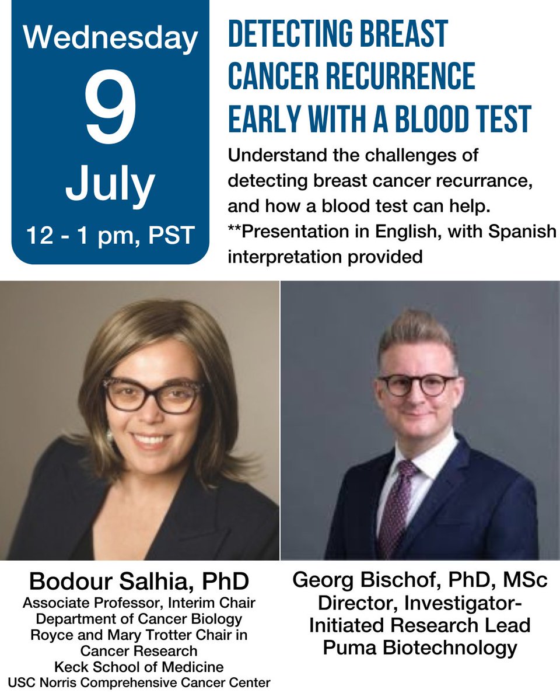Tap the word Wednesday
(x=110, y=38)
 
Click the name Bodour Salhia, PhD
(x=139, y=581)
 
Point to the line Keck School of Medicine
(x=139, y=666)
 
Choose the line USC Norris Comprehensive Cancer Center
(x=139, y=681)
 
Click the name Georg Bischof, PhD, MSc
(x=419, y=580)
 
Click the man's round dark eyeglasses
(x=418, y=385)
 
